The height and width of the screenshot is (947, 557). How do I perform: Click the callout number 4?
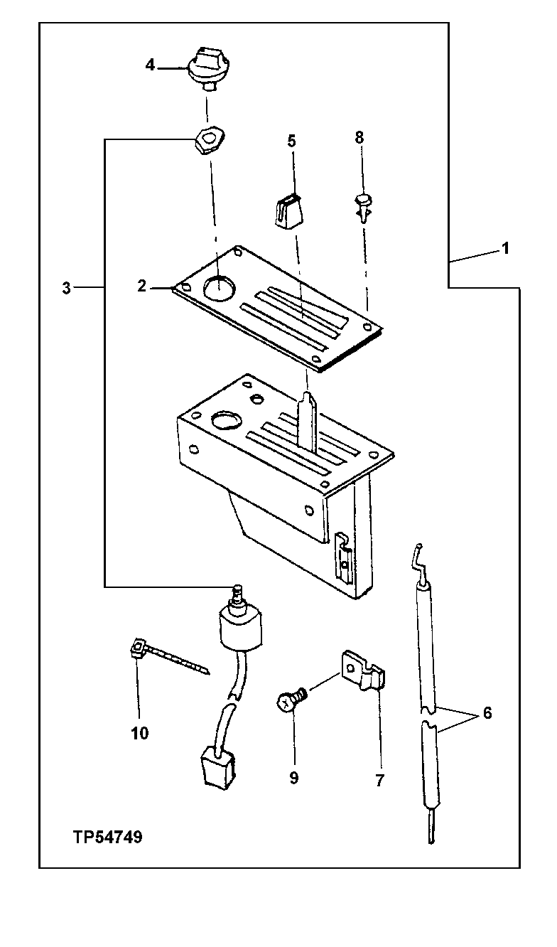(150, 65)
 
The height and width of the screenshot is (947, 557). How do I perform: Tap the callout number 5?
(291, 141)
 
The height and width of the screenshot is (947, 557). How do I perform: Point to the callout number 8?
(359, 137)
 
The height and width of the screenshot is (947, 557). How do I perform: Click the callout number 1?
(505, 249)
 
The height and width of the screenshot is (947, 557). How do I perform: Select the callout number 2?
(142, 287)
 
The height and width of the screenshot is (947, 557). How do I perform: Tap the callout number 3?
(66, 288)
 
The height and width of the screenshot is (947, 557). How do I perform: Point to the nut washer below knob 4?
(210, 141)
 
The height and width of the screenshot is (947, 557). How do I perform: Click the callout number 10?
(140, 734)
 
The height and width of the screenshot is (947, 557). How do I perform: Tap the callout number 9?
(293, 778)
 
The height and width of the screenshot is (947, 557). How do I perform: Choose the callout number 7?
(379, 780)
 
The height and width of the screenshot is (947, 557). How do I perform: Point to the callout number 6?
(487, 713)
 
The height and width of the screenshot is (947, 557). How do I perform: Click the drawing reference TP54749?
(107, 838)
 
